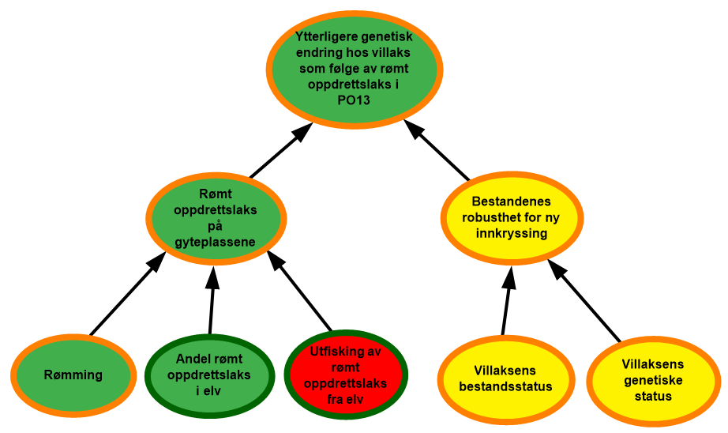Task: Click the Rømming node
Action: tap(73, 375)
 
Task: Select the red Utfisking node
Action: tap(345, 375)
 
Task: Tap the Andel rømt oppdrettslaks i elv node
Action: tap(209, 375)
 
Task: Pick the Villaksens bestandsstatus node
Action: tap(505, 379)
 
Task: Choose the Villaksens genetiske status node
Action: tap(653, 381)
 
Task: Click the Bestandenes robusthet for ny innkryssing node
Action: tap(511, 217)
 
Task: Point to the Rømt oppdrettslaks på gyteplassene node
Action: tap(216, 218)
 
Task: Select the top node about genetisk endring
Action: tap(355, 70)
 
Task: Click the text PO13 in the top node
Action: tap(354, 100)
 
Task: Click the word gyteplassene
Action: tap(215, 243)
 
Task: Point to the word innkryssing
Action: tap(511, 233)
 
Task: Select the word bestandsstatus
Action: tap(505, 386)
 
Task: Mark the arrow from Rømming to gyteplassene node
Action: tap(127, 294)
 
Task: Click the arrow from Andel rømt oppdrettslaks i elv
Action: tap(212, 300)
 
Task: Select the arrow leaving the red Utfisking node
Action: tap(299, 292)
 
